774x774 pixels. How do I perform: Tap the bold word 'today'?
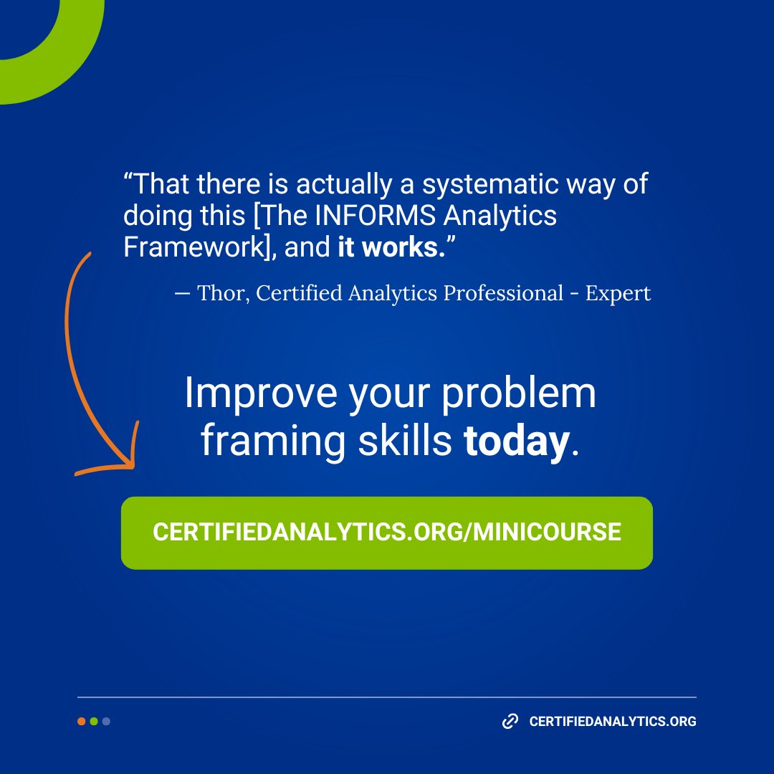click(516, 442)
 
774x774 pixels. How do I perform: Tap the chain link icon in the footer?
click(510, 721)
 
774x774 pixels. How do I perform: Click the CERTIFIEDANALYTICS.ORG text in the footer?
click(613, 722)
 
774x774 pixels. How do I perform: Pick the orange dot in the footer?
click(82, 721)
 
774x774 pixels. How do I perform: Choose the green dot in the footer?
click(94, 721)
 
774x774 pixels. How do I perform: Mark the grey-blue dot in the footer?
click(106, 721)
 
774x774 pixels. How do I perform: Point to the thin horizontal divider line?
click(387, 697)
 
